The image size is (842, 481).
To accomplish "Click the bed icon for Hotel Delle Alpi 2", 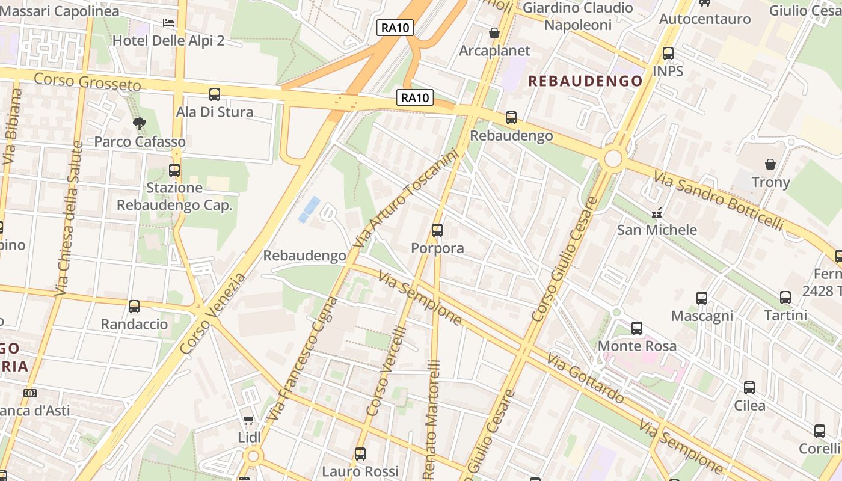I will click(x=168, y=23).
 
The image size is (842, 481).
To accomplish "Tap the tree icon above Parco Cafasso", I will click(x=140, y=124).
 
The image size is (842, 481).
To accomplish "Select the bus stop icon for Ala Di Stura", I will click(x=215, y=94).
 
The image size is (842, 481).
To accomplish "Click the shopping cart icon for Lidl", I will click(x=248, y=420).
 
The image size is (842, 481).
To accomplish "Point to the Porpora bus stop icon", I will click(x=437, y=230).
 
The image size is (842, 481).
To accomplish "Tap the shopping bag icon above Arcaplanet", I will click(x=494, y=33).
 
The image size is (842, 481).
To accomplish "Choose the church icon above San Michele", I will click(x=657, y=212).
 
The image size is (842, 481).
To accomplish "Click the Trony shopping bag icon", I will click(x=770, y=164).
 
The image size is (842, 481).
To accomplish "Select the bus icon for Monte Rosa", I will click(x=637, y=328).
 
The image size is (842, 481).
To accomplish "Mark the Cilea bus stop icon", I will click(x=749, y=388).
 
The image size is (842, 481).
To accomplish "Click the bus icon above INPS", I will click(x=668, y=54).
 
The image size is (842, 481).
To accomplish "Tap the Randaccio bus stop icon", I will click(x=134, y=307).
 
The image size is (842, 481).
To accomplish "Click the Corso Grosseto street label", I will click(x=87, y=82).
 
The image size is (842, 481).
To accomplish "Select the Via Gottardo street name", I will click(x=585, y=379).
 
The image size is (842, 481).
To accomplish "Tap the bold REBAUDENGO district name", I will click(x=585, y=81).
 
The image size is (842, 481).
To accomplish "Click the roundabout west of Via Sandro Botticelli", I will click(x=613, y=159).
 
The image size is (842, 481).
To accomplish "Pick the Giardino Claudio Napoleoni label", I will click(x=577, y=16).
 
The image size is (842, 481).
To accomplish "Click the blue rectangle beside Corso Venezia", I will click(x=309, y=209).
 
